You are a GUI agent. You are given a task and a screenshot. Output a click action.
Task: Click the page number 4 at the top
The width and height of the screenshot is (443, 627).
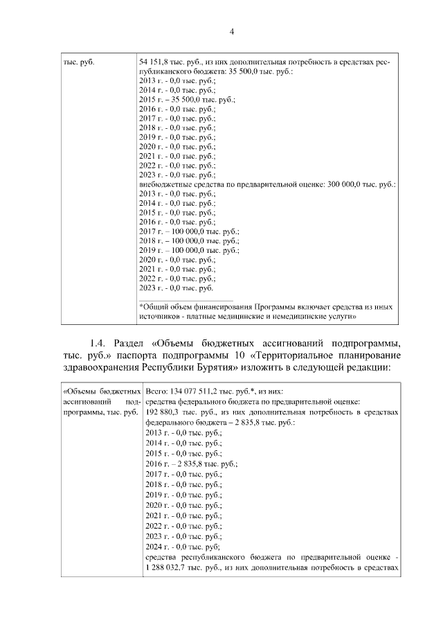(x=232, y=31)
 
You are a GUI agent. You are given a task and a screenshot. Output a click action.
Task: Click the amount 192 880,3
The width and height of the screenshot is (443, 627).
(x=163, y=411)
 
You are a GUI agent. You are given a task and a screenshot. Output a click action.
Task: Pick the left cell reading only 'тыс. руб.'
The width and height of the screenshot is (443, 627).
(x=78, y=62)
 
